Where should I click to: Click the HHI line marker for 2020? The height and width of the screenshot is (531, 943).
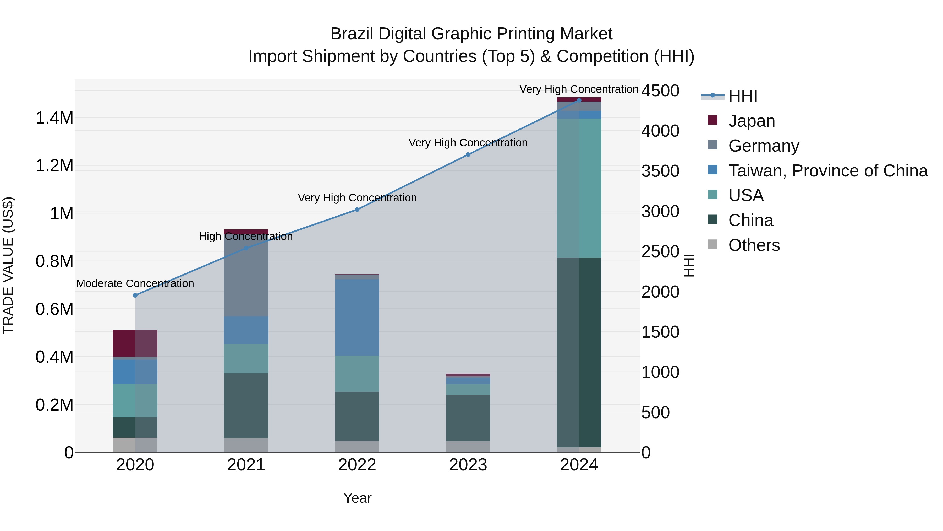pyautogui.click(x=135, y=295)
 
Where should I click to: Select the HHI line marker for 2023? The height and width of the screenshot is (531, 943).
pyautogui.click(x=468, y=155)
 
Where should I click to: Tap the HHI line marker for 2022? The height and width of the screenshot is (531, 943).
pyautogui.click(x=357, y=210)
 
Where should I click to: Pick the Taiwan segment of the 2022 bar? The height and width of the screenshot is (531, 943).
pyautogui.click(x=357, y=317)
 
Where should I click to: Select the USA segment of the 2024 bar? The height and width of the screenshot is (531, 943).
pyautogui.click(x=579, y=188)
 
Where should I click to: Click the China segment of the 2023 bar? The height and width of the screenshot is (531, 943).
pyautogui.click(x=468, y=418)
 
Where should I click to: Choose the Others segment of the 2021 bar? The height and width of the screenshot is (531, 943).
pyautogui.click(x=246, y=445)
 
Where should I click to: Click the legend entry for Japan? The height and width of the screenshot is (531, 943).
pyautogui.click(x=751, y=121)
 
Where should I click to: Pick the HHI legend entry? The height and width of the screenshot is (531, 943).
pyautogui.click(x=742, y=96)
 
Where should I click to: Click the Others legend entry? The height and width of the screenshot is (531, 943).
pyautogui.click(x=754, y=245)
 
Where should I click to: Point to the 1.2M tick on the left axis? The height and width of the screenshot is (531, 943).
pyautogui.click(x=54, y=166)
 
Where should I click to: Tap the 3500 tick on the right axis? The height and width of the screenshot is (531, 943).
pyautogui.click(x=660, y=171)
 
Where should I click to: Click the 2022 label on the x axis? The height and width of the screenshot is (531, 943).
pyautogui.click(x=357, y=465)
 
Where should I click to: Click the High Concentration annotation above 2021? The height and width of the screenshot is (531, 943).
pyautogui.click(x=246, y=236)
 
